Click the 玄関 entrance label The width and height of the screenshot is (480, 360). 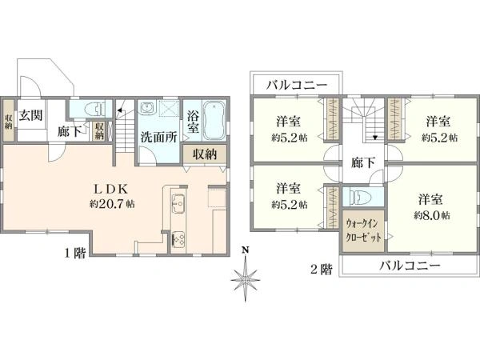tap(30, 116)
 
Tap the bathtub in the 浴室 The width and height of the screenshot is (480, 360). tap(214, 120)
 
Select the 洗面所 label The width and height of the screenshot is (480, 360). tap(158, 138)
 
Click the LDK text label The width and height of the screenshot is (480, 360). tap(110, 190)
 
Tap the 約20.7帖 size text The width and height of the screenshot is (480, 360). tap(112, 204)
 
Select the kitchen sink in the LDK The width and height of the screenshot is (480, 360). tap(178, 203)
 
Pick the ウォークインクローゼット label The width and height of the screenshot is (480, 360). tap(363, 231)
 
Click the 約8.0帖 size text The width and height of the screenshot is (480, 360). tap(432, 215)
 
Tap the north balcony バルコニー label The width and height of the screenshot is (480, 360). tap(296, 85)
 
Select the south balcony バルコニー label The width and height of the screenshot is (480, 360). tap(410, 266)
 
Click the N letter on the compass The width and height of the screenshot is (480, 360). tap(245, 250)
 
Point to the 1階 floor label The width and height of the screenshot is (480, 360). tap(75, 253)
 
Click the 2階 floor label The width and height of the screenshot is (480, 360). tap(322, 270)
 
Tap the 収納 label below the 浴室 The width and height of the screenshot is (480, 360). tap(205, 154)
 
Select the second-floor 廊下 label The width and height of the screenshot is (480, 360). tap(362, 162)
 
